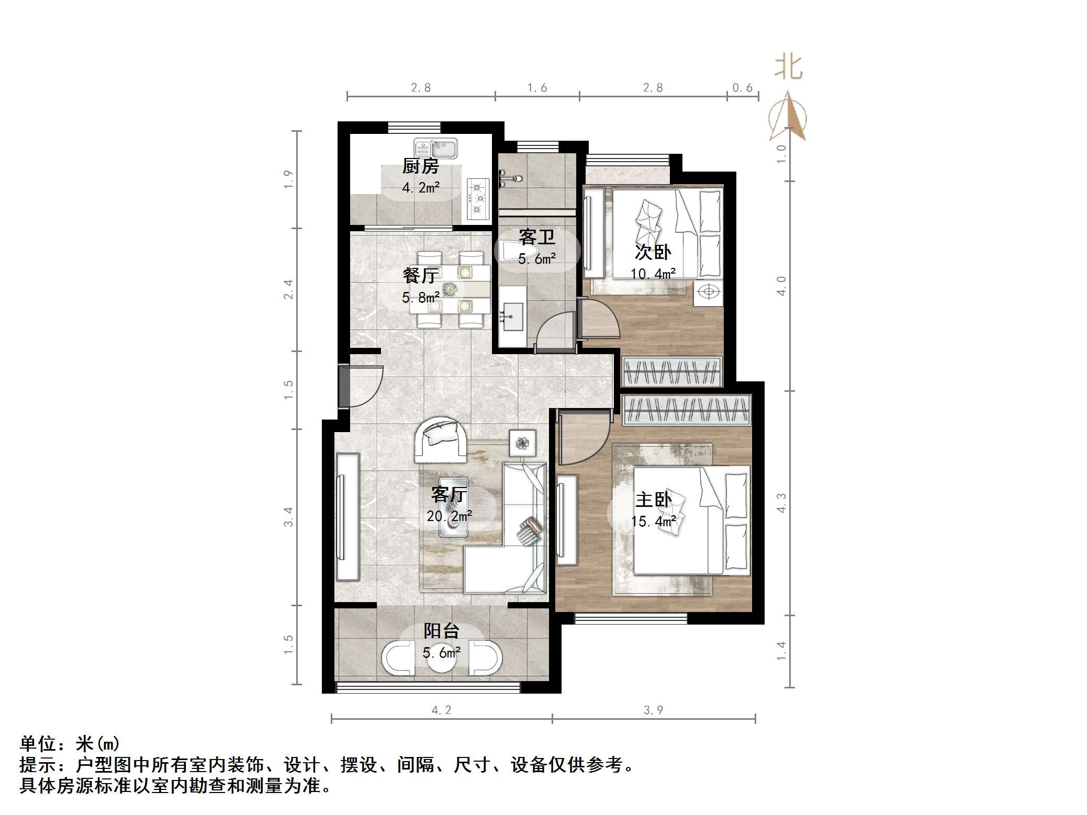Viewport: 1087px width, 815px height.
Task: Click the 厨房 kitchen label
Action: pyautogui.click(x=420, y=166)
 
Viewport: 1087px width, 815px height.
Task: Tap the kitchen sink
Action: pyautogui.click(x=435, y=149)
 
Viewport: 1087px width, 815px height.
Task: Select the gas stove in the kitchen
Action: pyautogui.click(x=477, y=198)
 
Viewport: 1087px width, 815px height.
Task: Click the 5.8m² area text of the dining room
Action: pyautogui.click(x=420, y=298)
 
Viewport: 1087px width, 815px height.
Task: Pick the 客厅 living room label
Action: pyautogui.click(x=449, y=494)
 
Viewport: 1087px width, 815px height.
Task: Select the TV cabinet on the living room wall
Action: pyautogui.click(x=348, y=517)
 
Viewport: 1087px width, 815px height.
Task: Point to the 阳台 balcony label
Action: pyautogui.click(x=441, y=631)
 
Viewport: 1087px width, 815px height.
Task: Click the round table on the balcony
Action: pyautogui.click(x=442, y=660)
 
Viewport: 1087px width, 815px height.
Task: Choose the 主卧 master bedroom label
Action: pyautogui.click(x=653, y=500)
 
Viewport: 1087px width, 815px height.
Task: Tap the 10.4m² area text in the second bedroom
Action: pyautogui.click(x=653, y=274)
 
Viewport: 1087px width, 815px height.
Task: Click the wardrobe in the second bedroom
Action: pyautogui.click(x=672, y=371)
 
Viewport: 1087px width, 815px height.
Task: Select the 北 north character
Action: pyautogui.click(x=788, y=67)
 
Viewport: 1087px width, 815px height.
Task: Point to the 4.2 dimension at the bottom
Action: pyautogui.click(x=441, y=710)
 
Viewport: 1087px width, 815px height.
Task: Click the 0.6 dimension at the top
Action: pyautogui.click(x=742, y=88)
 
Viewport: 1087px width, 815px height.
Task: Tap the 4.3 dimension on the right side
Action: pyautogui.click(x=781, y=503)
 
